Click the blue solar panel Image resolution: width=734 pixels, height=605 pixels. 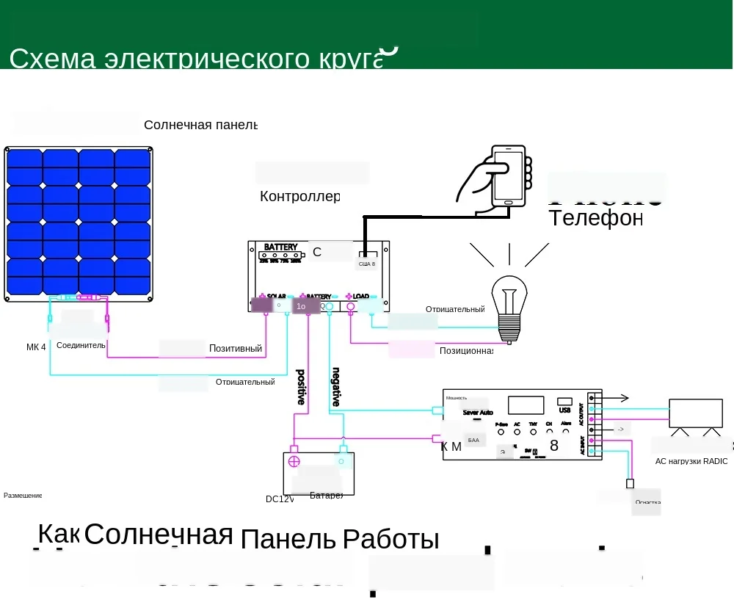click(x=79, y=223)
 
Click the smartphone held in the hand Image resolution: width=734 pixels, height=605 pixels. click(x=509, y=176)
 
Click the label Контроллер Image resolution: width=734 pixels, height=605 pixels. click(x=299, y=197)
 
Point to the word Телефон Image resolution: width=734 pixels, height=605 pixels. click(x=595, y=218)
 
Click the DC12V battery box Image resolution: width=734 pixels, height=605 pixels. click(x=319, y=473)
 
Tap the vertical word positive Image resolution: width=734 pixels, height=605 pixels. click(x=301, y=386)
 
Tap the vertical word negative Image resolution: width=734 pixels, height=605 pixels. click(x=336, y=386)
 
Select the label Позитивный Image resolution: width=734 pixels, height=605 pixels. click(x=235, y=349)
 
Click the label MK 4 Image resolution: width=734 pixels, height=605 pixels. click(x=36, y=347)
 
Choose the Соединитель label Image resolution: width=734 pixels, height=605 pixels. click(x=81, y=345)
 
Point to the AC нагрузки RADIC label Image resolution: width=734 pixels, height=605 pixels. click(x=691, y=462)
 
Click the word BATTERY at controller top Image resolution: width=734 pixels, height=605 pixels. click(x=280, y=247)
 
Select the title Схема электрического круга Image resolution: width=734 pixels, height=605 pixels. click(x=196, y=59)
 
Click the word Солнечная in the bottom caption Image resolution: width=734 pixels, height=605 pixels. click(x=159, y=535)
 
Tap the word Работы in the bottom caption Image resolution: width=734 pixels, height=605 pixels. click(x=390, y=540)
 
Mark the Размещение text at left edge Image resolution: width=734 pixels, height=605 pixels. click(x=23, y=496)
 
